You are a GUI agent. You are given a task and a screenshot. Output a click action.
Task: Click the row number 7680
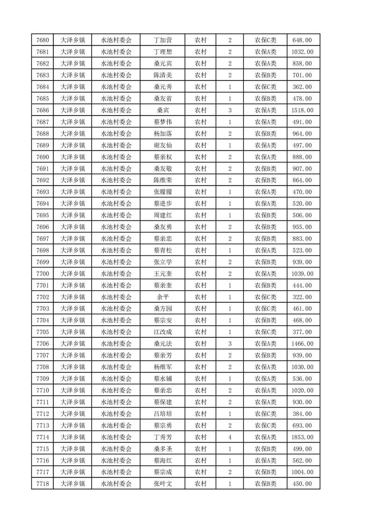(42, 40)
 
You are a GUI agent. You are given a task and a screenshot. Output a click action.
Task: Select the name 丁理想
(162, 52)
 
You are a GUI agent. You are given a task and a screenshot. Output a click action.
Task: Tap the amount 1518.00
(302, 110)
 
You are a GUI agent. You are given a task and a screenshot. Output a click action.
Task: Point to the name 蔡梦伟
(162, 122)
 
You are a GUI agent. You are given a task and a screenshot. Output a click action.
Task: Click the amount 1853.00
(302, 437)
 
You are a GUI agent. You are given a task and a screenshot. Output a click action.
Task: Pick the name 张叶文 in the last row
(162, 484)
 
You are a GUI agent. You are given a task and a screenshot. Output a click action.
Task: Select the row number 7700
(42, 274)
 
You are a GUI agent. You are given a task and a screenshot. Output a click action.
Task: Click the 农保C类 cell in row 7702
(265, 297)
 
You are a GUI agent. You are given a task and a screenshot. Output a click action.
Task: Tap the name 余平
(162, 297)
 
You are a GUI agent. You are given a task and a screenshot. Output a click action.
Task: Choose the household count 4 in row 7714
(230, 437)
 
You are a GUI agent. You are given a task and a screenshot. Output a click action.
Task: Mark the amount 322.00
(302, 297)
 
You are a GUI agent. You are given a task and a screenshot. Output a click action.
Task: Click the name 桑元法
(162, 344)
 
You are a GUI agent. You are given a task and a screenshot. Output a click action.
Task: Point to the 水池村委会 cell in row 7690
(116, 157)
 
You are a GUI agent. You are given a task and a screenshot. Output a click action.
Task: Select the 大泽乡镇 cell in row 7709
(73, 379)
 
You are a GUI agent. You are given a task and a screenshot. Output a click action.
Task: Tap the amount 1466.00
(302, 344)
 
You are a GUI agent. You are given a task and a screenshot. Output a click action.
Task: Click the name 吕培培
(162, 414)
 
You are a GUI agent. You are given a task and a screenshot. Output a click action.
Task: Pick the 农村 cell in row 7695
(201, 215)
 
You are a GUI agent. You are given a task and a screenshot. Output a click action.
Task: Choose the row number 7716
(42, 460)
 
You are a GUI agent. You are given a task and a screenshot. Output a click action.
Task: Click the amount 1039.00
(302, 274)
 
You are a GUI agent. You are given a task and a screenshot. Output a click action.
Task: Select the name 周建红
(162, 215)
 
